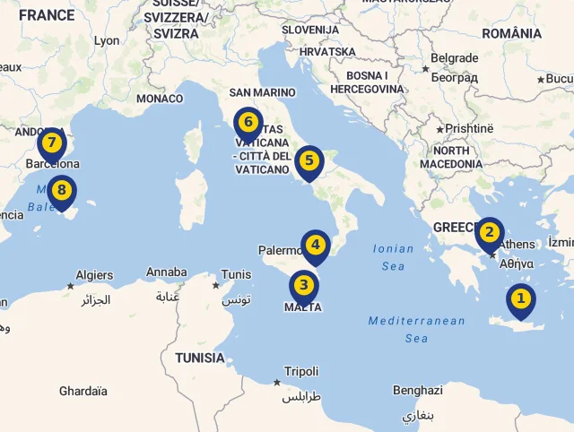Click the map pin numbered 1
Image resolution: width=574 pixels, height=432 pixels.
click(x=520, y=299)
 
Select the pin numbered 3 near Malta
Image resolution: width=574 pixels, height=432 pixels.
click(x=304, y=287)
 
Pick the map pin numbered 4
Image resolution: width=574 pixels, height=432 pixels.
click(x=315, y=245)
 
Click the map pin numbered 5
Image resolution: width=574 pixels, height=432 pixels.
click(x=309, y=162)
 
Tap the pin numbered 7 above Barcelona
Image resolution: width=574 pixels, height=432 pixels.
click(x=52, y=143)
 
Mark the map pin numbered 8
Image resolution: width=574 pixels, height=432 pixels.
click(x=61, y=191)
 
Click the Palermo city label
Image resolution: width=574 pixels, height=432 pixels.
click(x=281, y=250)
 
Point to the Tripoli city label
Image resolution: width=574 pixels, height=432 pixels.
click(x=301, y=371)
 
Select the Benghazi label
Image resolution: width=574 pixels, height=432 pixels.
click(x=417, y=391)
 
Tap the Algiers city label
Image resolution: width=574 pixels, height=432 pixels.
click(x=94, y=275)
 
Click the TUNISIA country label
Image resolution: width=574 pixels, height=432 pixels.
click(x=199, y=358)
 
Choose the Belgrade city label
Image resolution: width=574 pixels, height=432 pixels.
click(x=454, y=58)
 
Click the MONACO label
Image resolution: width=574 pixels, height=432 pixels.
click(x=160, y=99)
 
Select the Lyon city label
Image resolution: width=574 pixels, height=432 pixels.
click(x=106, y=40)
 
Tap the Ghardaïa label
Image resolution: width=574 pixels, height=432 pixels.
click(x=83, y=391)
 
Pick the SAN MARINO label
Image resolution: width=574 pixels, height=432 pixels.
click(x=262, y=92)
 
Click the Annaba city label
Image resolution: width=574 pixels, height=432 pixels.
click(x=166, y=272)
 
